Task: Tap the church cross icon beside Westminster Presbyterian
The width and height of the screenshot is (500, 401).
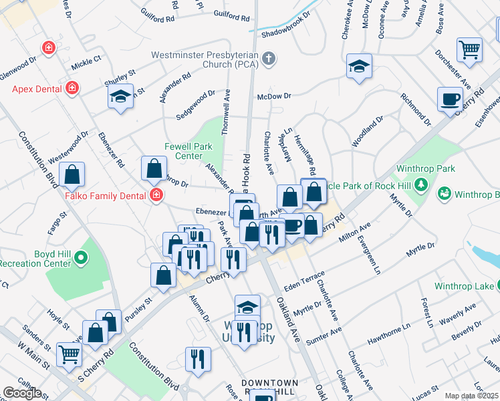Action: point(269,58)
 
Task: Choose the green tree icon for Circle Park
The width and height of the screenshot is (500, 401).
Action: point(421,184)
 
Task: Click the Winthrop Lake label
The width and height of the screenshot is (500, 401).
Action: point(463,286)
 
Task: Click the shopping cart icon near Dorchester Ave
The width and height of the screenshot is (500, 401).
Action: point(469,49)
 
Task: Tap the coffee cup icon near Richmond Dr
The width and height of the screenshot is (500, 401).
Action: point(450,99)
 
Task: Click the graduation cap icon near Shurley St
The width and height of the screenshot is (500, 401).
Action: point(121,96)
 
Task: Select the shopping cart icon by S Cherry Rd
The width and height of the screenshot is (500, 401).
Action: point(69,354)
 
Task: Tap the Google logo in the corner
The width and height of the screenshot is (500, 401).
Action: point(22,393)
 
